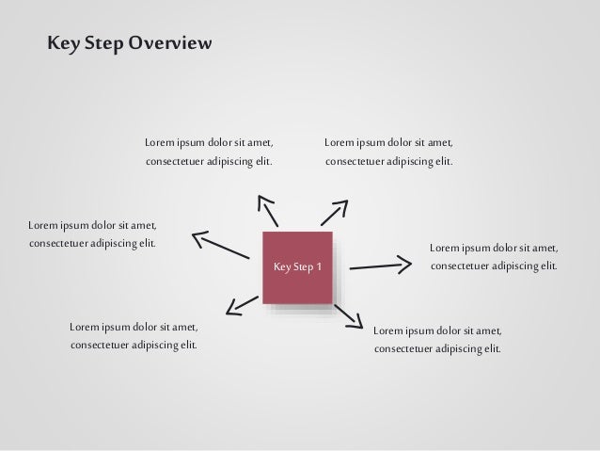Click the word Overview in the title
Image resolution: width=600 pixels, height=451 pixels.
coord(171,44)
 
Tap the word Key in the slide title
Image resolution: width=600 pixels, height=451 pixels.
coord(62,44)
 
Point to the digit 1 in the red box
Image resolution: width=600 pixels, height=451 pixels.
coord(320,267)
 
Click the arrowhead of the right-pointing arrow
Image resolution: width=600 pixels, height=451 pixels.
coord(406,262)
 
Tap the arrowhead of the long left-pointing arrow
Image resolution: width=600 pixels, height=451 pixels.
coord(198,236)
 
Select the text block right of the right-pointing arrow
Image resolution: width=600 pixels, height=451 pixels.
coord(494,257)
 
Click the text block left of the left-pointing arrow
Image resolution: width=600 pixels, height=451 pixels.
coord(92,234)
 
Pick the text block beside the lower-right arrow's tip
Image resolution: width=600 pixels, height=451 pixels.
coord(437,340)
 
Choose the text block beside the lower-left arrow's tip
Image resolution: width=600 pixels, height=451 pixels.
coord(134,336)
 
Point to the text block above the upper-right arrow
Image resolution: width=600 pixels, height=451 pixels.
coord(388,153)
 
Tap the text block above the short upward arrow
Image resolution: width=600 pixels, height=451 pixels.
coord(210,153)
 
